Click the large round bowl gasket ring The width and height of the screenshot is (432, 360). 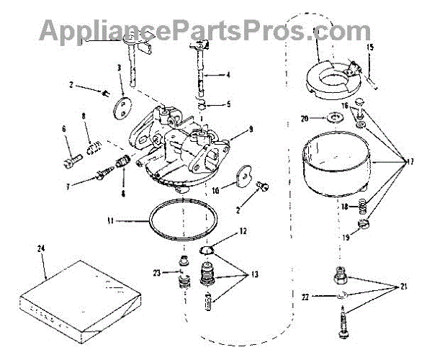183,222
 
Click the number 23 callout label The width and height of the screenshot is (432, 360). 156,273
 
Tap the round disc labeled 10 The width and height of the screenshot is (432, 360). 243,176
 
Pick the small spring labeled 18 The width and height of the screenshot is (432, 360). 364,209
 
